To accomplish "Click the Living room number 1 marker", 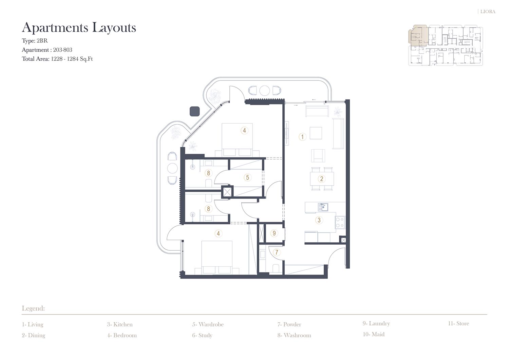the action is tap(302, 137).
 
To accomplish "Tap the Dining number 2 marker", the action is tap(322, 179).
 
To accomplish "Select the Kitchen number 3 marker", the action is tap(319, 220).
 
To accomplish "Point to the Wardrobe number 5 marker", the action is tap(247, 177).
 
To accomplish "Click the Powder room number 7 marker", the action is tap(277, 252).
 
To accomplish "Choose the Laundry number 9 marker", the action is tap(274, 233).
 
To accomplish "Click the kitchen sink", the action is tap(323, 207).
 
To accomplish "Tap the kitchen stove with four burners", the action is tap(340, 222).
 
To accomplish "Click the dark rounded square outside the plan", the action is tap(195, 111).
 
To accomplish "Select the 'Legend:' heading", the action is tap(33, 308).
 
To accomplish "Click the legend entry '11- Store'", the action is tap(458, 323).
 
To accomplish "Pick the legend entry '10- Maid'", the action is tap(374, 334).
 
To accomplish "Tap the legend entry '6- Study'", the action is tap(202, 335).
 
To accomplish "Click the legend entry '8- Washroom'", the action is tap(294, 335).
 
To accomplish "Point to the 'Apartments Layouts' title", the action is tap(79, 28).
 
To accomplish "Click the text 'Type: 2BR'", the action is tap(35, 41).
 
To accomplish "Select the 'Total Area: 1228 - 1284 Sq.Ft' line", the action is tap(57, 59).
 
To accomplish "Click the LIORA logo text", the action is tap(488, 12).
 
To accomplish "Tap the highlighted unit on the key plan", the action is tap(418, 35).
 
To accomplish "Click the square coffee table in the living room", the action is tap(316, 133).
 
